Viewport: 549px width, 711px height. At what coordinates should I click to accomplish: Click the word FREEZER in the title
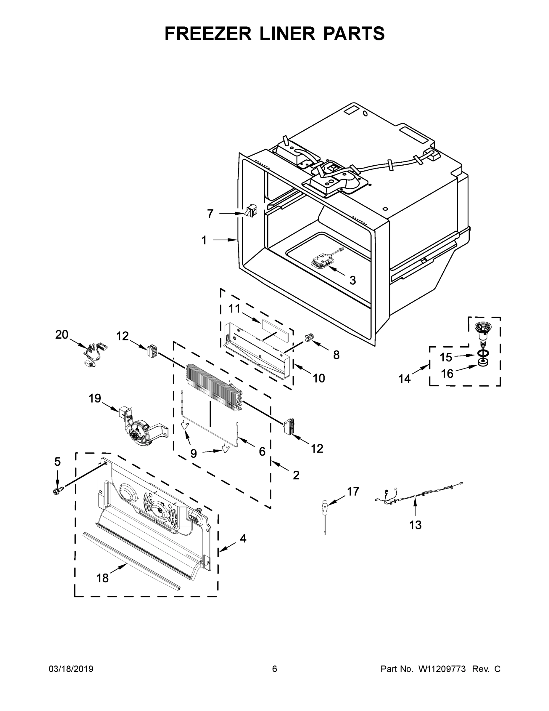click(208, 33)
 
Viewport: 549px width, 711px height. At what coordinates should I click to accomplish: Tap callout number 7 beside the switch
click(210, 214)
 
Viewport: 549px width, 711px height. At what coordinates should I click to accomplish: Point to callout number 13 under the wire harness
click(415, 525)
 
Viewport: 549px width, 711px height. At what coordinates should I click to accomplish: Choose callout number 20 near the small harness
click(62, 334)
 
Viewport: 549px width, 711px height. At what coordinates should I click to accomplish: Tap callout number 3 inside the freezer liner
click(352, 280)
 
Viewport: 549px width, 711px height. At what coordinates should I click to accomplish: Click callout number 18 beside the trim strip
click(102, 578)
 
